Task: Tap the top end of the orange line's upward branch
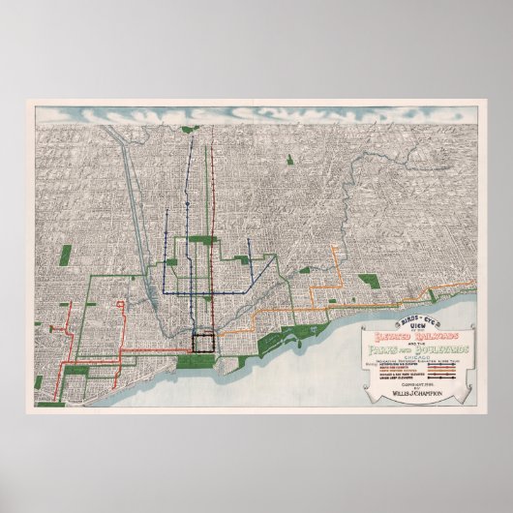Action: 336,248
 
